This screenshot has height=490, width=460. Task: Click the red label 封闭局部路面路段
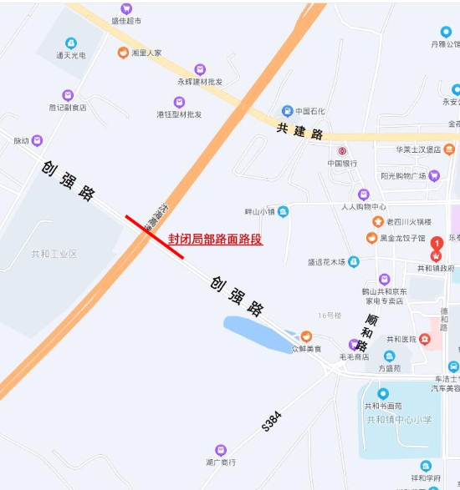(215, 239)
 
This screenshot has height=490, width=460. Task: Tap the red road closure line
(155, 237)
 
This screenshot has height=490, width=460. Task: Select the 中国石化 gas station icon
(287, 110)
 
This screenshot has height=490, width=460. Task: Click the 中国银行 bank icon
(342, 151)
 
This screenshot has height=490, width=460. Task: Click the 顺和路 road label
(366, 331)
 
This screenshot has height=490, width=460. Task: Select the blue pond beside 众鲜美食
(256, 333)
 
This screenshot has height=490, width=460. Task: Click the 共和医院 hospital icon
(426, 340)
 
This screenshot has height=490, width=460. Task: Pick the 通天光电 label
(71, 56)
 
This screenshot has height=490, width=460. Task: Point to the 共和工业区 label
(54, 254)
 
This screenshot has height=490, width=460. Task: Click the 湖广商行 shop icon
(221, 449)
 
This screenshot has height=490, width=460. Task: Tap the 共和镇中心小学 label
(404, 419)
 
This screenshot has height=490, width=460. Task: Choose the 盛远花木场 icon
(354, 261)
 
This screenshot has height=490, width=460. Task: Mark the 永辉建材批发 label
(200, 82)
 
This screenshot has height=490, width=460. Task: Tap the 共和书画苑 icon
(383, 393)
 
